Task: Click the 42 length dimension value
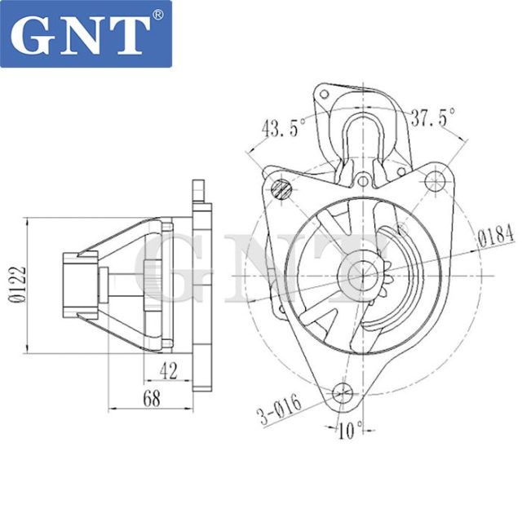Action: click(169, 371)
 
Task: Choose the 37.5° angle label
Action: click(433, 117)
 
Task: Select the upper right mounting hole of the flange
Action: click(433, 181)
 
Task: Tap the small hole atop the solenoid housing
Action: click(325, 96)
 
